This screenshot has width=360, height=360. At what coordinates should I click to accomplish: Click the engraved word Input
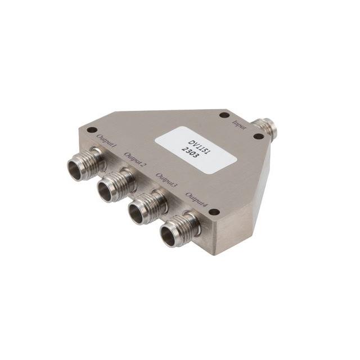[x=240, y=125]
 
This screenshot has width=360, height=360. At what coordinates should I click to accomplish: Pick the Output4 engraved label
[x=197, y=200]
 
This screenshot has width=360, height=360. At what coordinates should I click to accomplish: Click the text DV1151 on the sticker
[x=198, y=142]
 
